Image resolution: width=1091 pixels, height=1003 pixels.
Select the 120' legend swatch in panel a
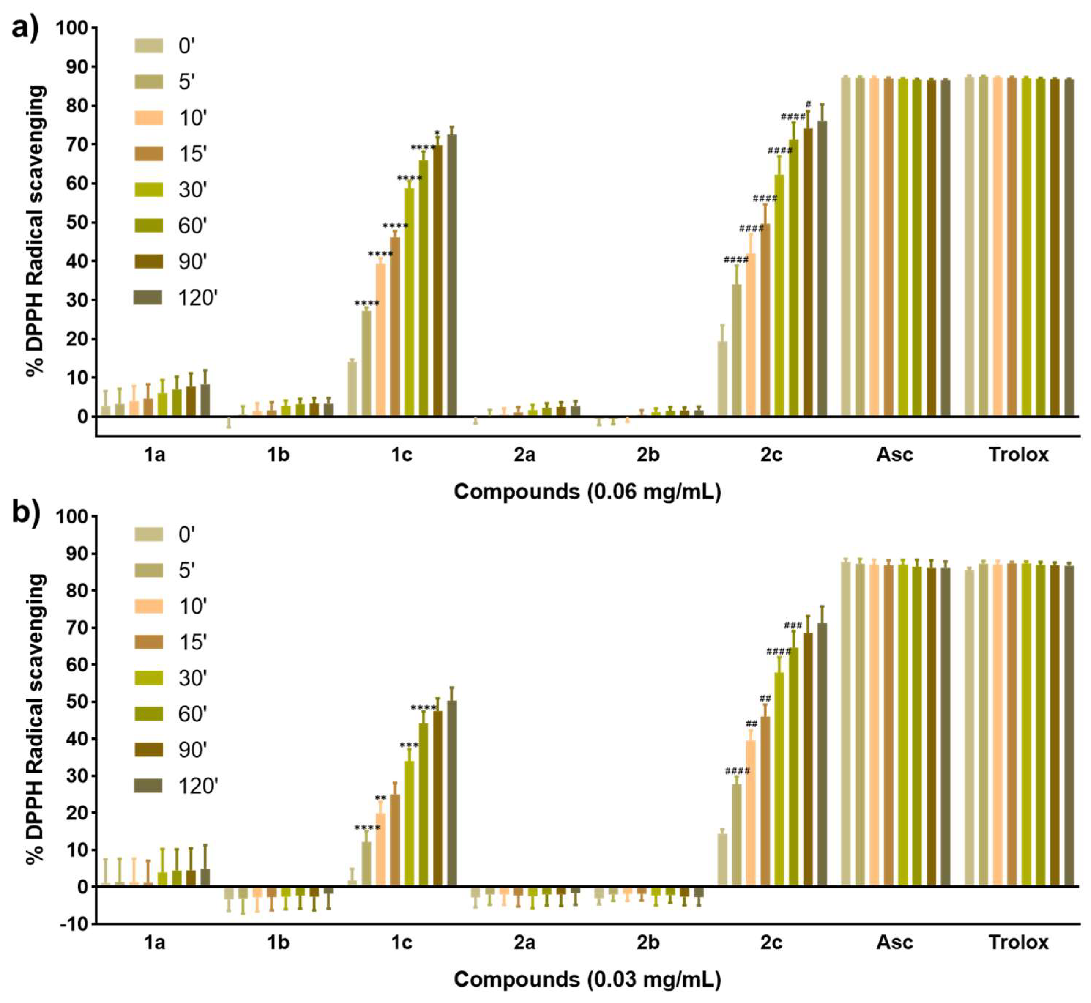click(148, 297)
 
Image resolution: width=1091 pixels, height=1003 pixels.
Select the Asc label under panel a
click(895, 454)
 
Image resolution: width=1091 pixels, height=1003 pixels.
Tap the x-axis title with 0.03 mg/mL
click(587, 980)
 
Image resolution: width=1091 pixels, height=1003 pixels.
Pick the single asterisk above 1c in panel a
click(437, 133)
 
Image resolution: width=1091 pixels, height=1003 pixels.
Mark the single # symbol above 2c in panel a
click(808, 104)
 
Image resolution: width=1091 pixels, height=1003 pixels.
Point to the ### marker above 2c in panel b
click(793, 625)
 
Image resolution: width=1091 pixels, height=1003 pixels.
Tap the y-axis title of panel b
click(36, 719)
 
